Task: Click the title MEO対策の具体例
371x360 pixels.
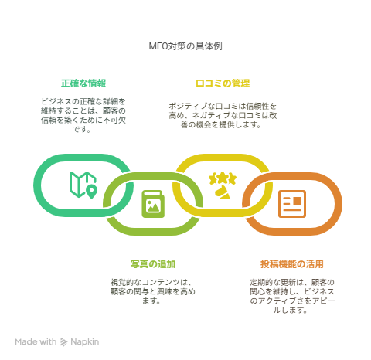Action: [x=185, y=46]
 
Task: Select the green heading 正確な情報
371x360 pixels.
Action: [x=83, y=83]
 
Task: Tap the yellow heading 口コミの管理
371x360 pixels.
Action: [x=223, y=83]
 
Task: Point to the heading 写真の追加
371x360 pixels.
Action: [x=153, y=264]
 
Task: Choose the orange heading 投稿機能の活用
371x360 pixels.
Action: [x=292, y=264]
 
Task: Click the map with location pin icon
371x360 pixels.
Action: [x=83, y=185]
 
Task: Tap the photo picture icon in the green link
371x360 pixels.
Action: [x=153, y=204]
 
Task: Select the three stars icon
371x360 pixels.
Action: [x=223, y=178]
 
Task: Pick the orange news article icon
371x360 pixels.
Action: [x=292, y=204]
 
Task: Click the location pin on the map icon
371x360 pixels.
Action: [x=91, y=192]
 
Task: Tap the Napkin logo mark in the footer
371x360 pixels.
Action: [x=63, y=342]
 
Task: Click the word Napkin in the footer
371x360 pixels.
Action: [x=84, y=342]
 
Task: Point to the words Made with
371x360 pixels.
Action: [x=36, y=342]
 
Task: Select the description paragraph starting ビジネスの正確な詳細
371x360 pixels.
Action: [x=83, y=115]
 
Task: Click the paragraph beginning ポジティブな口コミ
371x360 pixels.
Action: [x=223, y=115]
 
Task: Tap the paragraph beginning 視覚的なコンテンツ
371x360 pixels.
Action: [x=153, y=291]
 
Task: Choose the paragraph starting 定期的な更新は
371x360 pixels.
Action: [x=292, y=296]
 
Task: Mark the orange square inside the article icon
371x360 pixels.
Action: [x=298, y=201]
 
